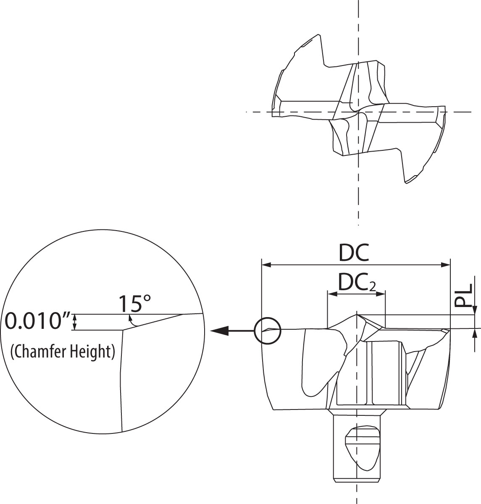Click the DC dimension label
point(354,253)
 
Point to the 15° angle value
point(134,303)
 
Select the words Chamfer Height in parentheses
point(63,351)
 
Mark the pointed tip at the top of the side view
point(357,315)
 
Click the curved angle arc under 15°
point(132,321)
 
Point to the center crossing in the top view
point(358,112)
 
